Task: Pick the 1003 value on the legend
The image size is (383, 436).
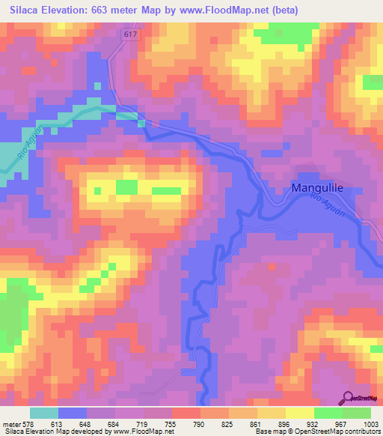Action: click(372, 423)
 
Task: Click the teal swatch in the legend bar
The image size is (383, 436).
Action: click(44, 413)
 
